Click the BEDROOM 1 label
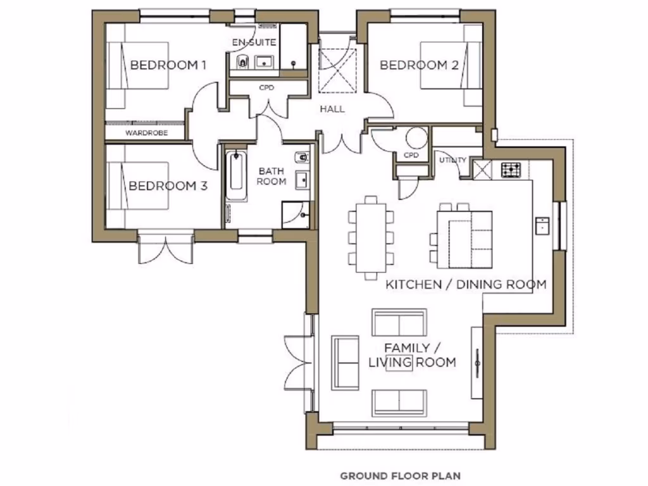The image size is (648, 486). pos(168,65)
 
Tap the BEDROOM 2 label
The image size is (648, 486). pos(418,65)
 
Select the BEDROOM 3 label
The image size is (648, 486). pos(168,186)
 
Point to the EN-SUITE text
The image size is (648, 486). pos(254,42)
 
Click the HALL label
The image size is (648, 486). pos(332,109)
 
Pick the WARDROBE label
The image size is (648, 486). pos(145,134)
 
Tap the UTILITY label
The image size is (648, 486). pos(452,160)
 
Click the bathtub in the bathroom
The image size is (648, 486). pos(236,175)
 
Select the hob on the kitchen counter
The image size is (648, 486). pos(511,170)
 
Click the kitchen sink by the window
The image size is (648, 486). pos(542,225)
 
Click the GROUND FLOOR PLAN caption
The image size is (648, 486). pos(400,475)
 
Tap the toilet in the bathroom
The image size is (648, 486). pos(301,157)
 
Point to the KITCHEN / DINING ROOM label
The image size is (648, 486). pos(465,284)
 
